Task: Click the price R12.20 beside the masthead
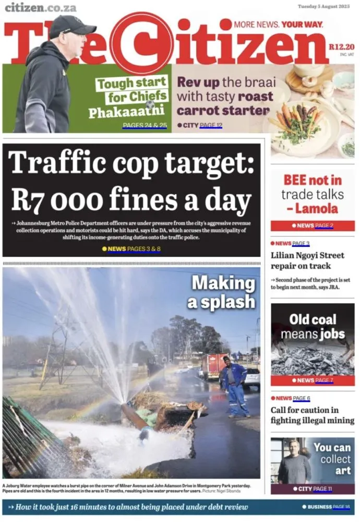point(341,47)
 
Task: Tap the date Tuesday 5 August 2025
point(323,7)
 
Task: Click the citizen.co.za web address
point(41,8)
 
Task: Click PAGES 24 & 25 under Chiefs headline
point(145,125)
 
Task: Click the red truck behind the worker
point(214,365)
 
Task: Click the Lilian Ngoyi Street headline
point(307,260)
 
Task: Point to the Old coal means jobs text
point(313,326)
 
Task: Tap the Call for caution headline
point(312,415)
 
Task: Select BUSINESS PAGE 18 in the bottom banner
point(328,507)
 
